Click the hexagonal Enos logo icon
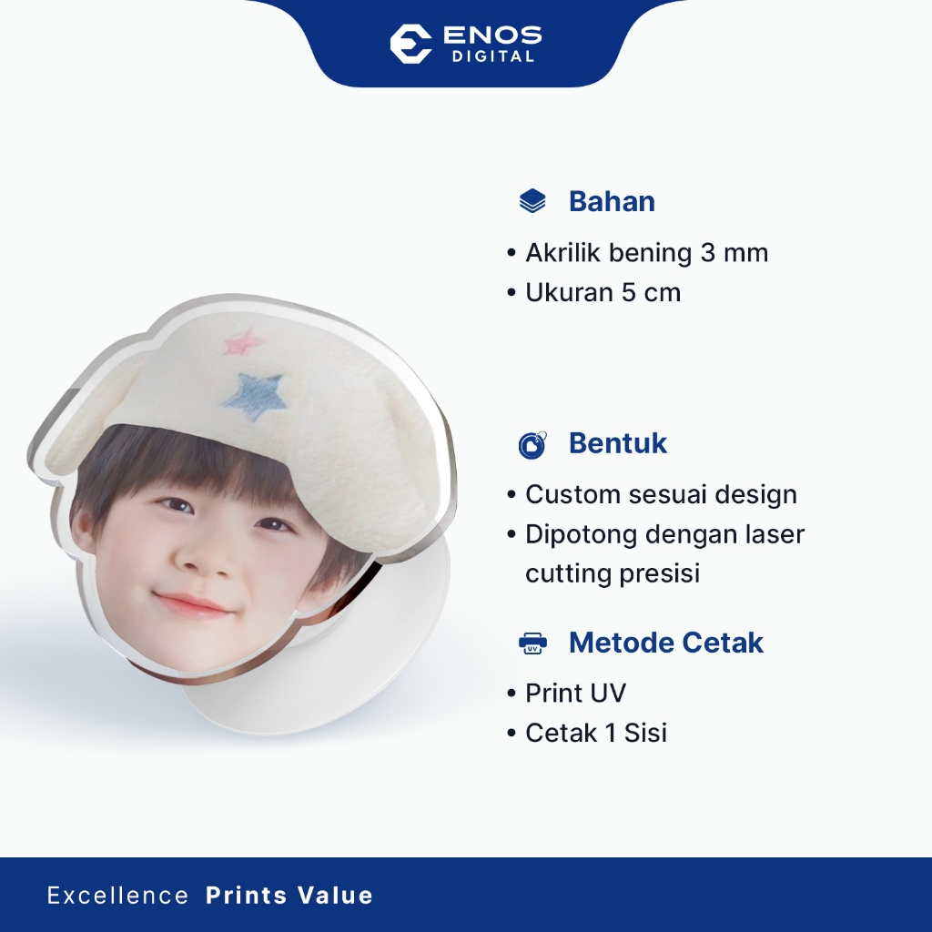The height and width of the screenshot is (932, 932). click(410, 44)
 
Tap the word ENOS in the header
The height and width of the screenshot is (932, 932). click(492, 35)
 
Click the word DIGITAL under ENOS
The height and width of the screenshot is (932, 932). click(492, 56)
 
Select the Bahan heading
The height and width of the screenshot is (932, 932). click(612, 201)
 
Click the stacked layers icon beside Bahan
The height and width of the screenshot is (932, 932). click(532, 201)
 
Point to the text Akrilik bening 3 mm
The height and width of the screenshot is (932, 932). click(646, 253)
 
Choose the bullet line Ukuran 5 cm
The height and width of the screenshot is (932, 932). click(603, 292)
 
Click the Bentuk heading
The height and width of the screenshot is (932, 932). click(618, 443)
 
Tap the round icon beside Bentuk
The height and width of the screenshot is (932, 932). click(532, 444)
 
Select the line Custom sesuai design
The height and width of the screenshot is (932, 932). click(661, 494)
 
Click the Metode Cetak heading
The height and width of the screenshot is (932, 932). click(665, 642)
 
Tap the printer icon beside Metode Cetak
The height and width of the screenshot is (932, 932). click(532, 643)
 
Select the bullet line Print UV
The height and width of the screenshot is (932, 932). click(575, 693)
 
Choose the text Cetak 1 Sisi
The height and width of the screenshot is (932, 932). click(595, 733)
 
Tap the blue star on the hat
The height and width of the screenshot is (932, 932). click(255, 395)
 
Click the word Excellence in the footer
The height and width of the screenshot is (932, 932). click(117, 896)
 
